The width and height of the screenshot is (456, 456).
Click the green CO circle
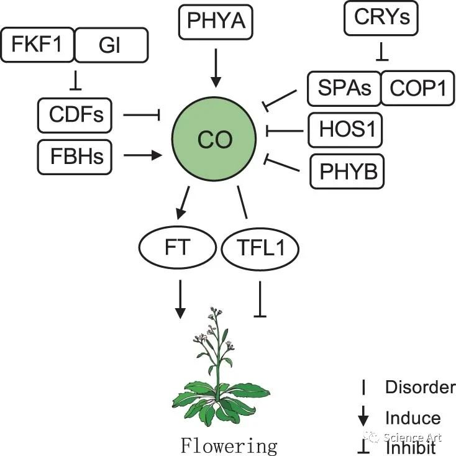pyautogui.click(x=215, y=139)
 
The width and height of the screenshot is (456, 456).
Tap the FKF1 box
pyautogui.click(x=38, y=46)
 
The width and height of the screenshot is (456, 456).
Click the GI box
pyautogui.click(x=112, y=46)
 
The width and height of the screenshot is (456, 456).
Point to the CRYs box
pyautogui.click(x=381, y=19)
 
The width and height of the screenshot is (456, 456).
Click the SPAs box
pyautogui.click(x=343, y=88)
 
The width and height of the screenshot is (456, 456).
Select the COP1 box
pyautogui.click(x=417, y=88)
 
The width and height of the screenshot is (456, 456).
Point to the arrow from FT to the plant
pyautogui.click(x=180, y=299)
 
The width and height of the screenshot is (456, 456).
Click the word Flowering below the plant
pyautogui.click(x=229, y=445)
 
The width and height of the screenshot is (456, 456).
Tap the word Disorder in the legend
pyautogui.click(x=420, y=388)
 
